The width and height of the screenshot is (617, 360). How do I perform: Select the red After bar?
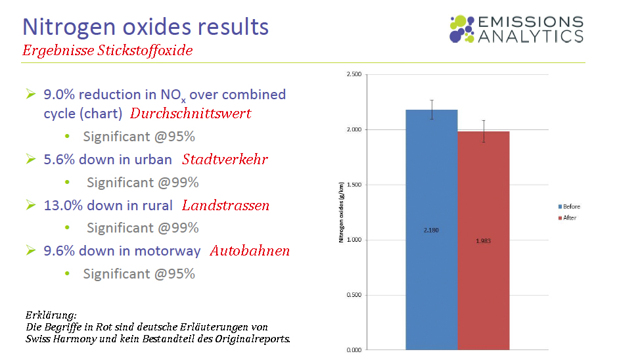coord(483,276)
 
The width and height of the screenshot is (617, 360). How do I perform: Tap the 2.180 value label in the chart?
coord(431,230)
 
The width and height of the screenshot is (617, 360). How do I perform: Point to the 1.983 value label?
coord(483,241)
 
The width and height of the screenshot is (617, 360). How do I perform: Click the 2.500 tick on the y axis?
coord(353,75)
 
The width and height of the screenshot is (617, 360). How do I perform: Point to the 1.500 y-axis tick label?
coord(353,185)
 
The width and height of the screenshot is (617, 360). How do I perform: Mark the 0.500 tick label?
coord(353,295)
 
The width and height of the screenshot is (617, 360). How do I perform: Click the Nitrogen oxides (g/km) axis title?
coord(342,212)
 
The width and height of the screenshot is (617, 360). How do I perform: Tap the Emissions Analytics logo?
coord(516,30)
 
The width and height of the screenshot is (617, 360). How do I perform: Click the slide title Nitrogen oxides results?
coord(146,27)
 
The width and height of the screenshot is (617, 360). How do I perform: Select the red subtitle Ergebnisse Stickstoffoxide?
coord(108,50)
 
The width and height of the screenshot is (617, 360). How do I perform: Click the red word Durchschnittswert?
coord(191,113)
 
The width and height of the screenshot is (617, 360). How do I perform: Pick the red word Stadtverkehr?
coord(225,160)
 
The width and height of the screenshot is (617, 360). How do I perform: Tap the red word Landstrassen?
coord(225,206)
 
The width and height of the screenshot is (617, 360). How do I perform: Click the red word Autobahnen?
coord(250,251)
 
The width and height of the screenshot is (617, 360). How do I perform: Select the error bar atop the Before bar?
coord(432,109)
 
